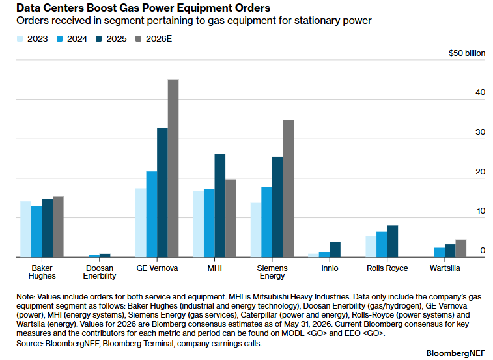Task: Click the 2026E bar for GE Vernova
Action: (x=173, y=169)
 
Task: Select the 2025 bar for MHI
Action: (x=220, y=206)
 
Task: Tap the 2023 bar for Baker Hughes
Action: (x=26, y=229)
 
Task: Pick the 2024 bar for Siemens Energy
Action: (x=267, y=222)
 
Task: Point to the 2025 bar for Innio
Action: (x=335, y=249)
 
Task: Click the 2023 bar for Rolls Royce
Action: (x=371, y=247)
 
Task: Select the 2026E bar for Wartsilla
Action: (x=461, y=249)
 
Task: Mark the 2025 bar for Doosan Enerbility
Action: (x=105, y=256)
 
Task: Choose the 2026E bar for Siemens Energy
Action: (x=289, y=189)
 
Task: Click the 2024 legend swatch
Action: (x=59, y=39)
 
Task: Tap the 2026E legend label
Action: (x=159, y=39)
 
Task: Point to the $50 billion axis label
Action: (x=467, y=53)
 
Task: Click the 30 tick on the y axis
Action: (x=481, y=132)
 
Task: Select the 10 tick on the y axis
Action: (x=481, y=211)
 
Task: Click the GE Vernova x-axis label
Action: (x=157, y=268)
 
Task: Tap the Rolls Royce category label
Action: (x=387, y=268)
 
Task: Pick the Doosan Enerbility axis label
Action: (x=100, y=272)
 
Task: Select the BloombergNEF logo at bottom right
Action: (x=456, y=353)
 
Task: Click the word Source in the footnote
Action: (x=29, y=344)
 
